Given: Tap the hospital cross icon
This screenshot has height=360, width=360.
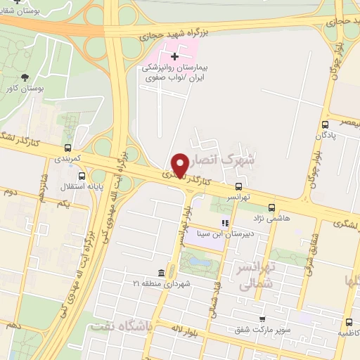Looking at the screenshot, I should coord(175,55).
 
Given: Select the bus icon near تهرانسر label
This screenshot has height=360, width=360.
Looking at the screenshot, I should coord(239,187).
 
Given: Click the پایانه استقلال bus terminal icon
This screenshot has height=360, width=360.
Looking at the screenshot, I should coord(82,176).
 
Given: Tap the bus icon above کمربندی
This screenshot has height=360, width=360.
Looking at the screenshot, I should coord(67,148).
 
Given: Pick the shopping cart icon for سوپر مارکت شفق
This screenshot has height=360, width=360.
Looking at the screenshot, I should coord(262,319).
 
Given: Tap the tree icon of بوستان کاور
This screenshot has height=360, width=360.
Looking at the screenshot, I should coord(25,78).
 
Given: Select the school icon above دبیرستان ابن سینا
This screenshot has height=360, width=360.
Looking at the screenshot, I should coord(225,224).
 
